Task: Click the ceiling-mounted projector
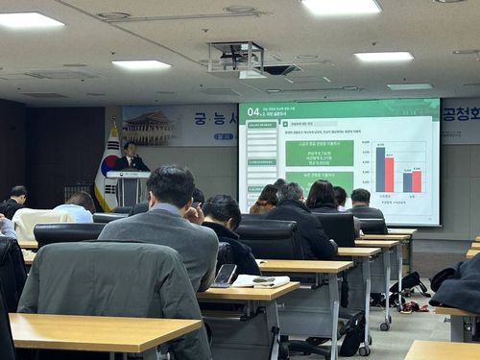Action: click(236, 60)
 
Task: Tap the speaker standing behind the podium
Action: click(130, 157)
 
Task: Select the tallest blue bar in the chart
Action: click(380, 168)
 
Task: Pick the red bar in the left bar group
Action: click(389, 174)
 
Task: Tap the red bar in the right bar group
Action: click(417, 180)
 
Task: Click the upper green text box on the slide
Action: click(319, 153)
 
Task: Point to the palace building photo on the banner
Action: click(155, 123)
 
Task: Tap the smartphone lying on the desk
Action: click(225, 275)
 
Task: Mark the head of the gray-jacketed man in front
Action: click(172, 187)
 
